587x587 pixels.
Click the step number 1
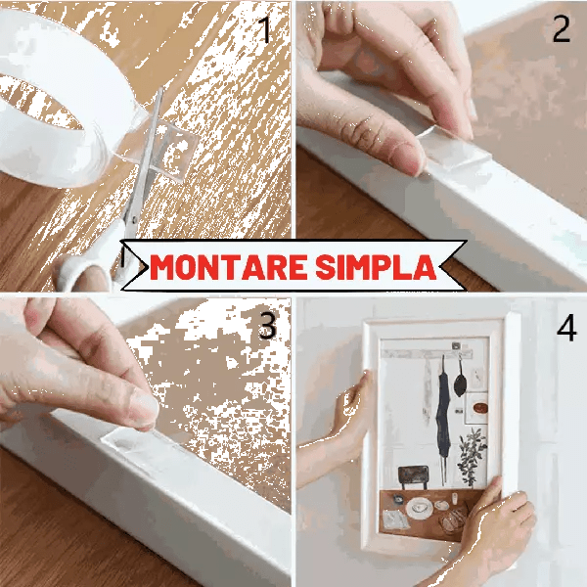(265, 30)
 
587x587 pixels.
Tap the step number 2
(562, 29)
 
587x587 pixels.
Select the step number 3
(267, 326)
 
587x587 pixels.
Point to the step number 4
(566, 328)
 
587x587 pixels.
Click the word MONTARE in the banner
(228, 266)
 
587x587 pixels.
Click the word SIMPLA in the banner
(376, 266)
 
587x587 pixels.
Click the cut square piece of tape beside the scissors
(176, 152)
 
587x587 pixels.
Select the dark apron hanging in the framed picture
(443, 412)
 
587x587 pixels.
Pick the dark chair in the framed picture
(413, 477)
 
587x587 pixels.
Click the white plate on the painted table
(420, 508)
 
